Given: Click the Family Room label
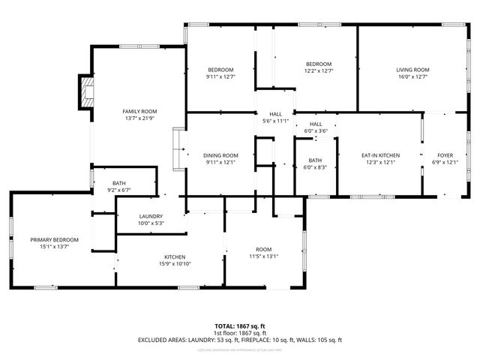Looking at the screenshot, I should point(139,111).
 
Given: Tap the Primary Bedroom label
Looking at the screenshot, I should point(54,239).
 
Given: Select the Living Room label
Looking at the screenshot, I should point(412,70).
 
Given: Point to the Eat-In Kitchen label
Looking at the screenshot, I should point(380,155).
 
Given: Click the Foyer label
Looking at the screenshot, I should point(446,155).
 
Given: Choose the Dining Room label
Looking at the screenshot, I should point(220,155).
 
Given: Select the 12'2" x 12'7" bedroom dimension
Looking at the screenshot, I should point(318,70).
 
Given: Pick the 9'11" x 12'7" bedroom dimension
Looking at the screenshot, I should point(220,76).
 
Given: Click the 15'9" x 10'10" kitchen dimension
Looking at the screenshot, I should point(175,263).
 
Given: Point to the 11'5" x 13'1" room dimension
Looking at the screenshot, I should point(263,256).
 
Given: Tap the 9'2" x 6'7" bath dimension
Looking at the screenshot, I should point(120,190).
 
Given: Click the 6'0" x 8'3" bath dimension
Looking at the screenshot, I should point(315,167).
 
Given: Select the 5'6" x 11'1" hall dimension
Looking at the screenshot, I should point(276,121).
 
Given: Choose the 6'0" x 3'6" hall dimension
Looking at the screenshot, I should point(316,131).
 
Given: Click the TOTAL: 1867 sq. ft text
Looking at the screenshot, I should point(240,325).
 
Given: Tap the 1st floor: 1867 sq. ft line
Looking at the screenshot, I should point(240,332).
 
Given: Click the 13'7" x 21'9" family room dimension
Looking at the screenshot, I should point(139,118).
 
